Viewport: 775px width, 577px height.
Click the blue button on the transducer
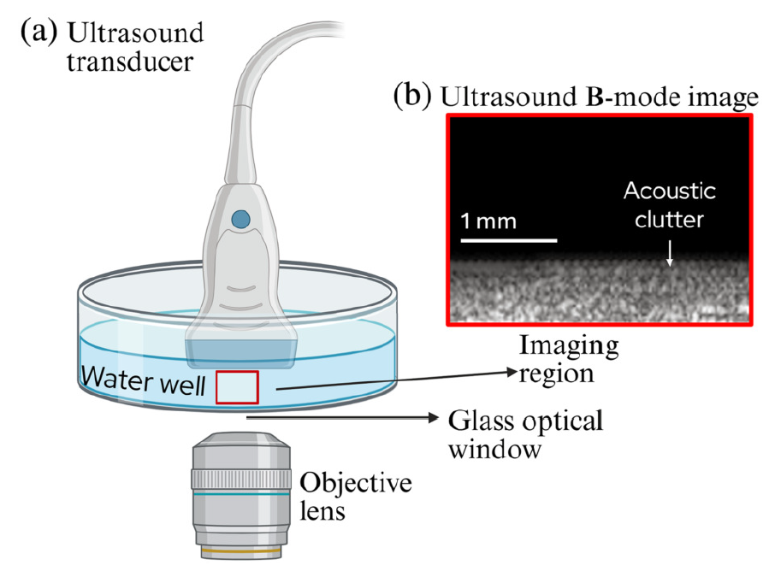(x=240, y=219)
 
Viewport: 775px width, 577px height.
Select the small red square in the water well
(x=236, y=387)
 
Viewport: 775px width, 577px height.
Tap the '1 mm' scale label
(x=488, y=221)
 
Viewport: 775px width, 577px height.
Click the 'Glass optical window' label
(x=526, y=433)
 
